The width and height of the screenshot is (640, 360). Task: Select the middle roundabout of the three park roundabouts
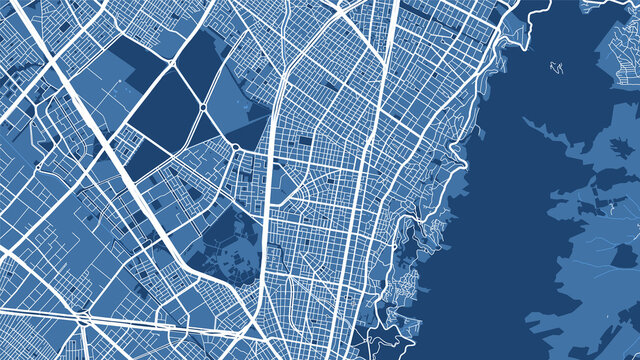(202, 107)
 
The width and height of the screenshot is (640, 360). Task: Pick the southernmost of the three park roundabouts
(235, 148)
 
